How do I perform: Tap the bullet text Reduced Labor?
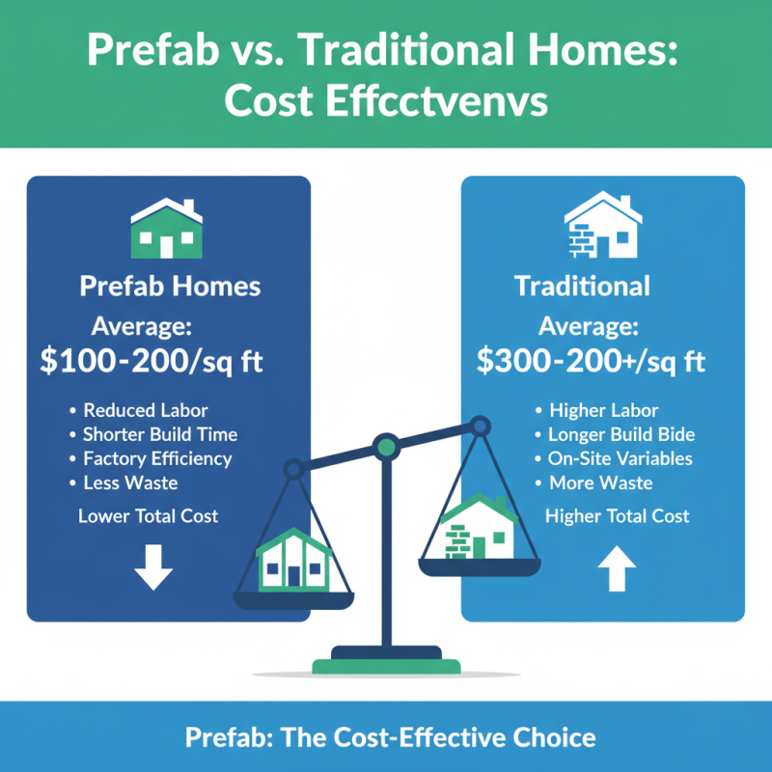tap(144, 409)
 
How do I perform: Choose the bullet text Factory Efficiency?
tap(157, 458)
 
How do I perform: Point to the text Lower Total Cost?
tap(149, 516)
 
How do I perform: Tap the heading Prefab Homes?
tap(169, 287)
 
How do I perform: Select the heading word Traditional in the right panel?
tap(582, 287)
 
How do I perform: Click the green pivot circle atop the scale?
tap(386, 447)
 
